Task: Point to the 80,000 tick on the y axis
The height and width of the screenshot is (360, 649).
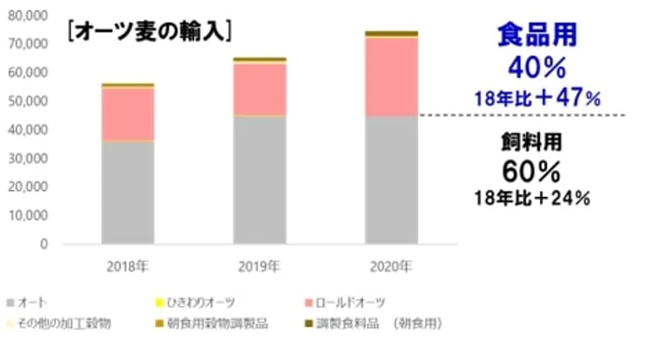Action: pyautogui.click(x=31, y=15)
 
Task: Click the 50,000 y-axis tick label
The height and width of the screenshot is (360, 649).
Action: pyautogui.click(x=31, y=101)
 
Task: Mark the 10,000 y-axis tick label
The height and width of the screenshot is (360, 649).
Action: pyautogui.click(x=31, y=216)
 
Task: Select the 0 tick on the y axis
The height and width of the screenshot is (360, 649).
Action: pyautogui.click(x=44, y=244)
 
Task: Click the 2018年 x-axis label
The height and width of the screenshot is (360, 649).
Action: pyautogui.click(x=127, y=267)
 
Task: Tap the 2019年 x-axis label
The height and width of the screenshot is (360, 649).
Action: pyautogui.click(x=260, y=267)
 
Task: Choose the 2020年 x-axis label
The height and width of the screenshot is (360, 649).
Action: pyautogui.click(x=391, y=267)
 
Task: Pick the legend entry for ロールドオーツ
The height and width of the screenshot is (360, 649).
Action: pyautogui.click(x=352, y=301)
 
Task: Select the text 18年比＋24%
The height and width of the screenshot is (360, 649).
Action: pyautogui.click(x=535, y=197)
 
